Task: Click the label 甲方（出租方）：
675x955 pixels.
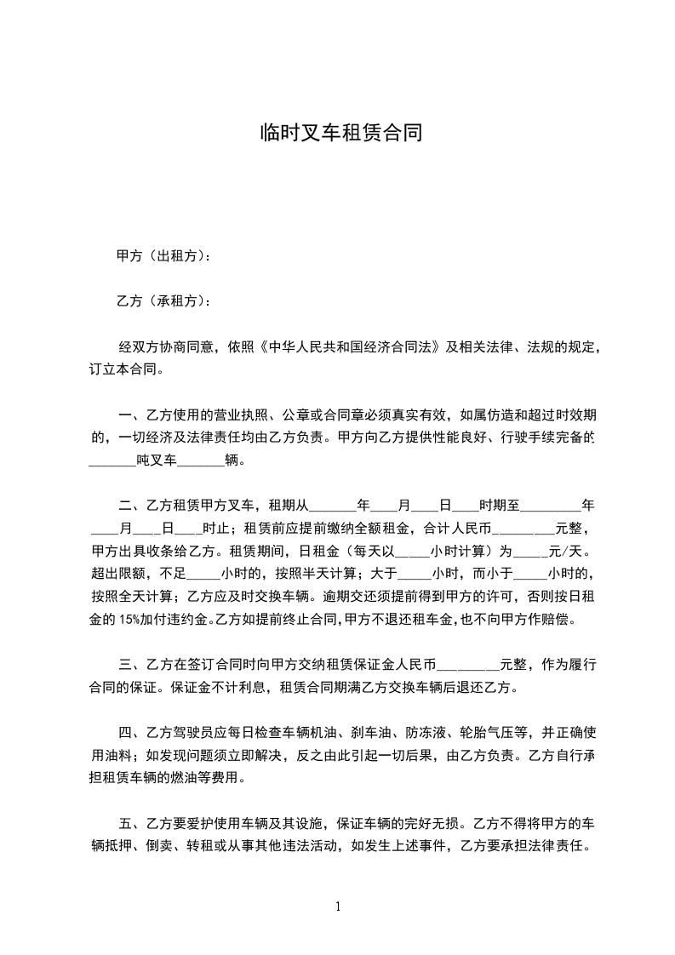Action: tap(163, 255)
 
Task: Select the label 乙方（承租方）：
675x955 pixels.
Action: tap(163, 300)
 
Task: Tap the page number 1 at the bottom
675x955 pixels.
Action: tap(338, 906)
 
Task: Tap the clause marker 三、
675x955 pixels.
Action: tap(130, 664)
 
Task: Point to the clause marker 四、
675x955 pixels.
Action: tap(130, 732)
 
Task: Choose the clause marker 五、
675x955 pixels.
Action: tap(130, 823)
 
